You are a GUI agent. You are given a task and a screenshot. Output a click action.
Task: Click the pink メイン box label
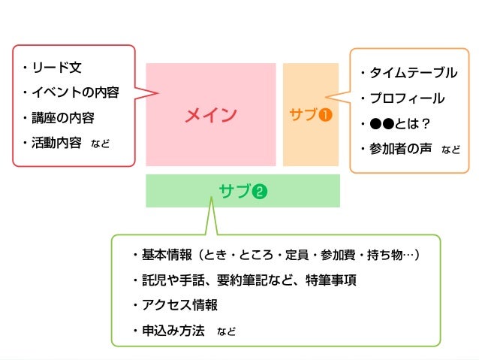[x=210, y=115]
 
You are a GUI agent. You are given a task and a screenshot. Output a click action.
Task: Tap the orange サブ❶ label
[x=310, y=115]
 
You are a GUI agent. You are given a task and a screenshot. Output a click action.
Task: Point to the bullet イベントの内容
[x=74, y=92]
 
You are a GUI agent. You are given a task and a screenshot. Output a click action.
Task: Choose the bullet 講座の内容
[x=68, y=117]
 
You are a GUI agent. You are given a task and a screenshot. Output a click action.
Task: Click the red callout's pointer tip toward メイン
[x=158, y=94]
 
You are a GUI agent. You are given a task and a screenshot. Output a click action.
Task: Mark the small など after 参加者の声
[x=450, y=149]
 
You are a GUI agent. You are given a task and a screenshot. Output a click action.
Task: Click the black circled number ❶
[x=325, y=116]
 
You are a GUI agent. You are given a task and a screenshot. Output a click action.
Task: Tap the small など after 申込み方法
[x=226, y=331]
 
